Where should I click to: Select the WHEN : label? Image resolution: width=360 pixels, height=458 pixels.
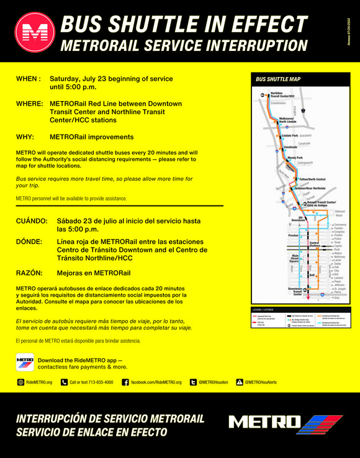29,79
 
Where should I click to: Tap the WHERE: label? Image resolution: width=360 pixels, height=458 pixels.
30,104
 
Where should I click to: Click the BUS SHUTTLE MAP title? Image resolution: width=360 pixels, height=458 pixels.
278,79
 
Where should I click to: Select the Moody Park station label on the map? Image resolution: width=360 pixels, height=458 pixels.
295,158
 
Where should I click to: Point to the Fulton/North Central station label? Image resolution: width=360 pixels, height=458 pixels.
312,179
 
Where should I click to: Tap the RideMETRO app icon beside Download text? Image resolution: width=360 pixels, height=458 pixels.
25,362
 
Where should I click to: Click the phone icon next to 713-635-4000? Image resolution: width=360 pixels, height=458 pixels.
64,382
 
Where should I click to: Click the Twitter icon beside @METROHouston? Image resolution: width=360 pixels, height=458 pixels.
193,382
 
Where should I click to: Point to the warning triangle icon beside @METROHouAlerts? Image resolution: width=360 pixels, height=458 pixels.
240,382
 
